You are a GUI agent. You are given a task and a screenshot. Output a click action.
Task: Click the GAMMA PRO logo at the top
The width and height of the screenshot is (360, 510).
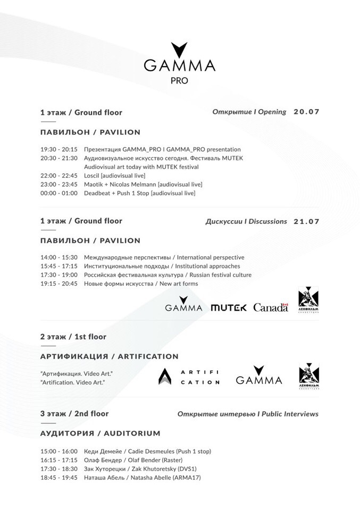point(179,63)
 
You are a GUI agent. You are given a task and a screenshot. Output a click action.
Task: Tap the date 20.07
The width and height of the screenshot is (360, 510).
point(306,112)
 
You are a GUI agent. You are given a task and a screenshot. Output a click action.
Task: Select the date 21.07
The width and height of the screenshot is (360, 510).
point(306,221)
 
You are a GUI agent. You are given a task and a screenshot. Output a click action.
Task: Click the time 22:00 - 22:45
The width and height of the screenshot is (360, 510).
point(58,175)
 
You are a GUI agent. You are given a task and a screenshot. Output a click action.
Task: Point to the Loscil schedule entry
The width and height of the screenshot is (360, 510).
point(114,175)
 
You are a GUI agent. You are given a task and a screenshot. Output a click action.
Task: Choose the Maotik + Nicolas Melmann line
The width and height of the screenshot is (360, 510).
point(143,184)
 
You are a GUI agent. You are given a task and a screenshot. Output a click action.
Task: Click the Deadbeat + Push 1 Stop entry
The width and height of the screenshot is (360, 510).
point(140,193)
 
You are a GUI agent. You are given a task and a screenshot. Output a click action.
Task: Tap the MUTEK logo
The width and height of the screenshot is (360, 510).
point(228,307)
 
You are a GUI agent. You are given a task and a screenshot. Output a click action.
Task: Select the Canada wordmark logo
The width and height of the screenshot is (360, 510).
point(271,307)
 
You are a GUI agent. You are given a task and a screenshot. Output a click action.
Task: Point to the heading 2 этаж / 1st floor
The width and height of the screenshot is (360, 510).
point(73,337)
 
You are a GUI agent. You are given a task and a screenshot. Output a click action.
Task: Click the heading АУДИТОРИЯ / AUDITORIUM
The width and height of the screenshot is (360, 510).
point(100,433)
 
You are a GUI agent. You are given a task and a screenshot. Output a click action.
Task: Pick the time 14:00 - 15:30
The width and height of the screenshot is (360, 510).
point(58,257)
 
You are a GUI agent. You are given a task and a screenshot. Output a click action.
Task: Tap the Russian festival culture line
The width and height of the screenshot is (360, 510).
point(168,275)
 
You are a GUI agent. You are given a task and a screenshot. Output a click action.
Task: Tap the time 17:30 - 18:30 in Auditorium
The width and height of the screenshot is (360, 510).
point(58,469)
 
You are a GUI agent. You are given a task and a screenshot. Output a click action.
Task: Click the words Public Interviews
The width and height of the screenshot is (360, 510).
point(292,414)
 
